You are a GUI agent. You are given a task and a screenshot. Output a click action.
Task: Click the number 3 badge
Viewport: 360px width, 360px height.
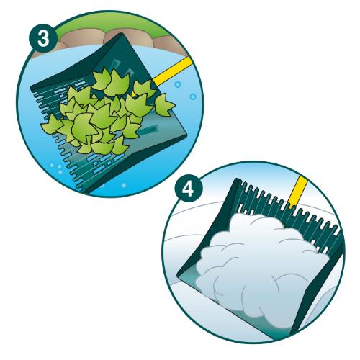tap(43, 38)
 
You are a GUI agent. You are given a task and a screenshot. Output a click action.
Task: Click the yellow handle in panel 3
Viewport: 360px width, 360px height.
tap(172, 71)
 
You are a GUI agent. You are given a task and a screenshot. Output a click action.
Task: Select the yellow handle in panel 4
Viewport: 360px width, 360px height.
tap(298, 192)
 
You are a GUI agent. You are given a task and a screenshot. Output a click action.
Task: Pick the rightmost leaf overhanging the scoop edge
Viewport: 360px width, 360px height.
tap(164, 105)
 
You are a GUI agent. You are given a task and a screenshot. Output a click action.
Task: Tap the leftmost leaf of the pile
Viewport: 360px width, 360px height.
tap(51, 125)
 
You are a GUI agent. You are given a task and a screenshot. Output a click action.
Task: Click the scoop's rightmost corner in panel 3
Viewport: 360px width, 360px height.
tap(186, 136)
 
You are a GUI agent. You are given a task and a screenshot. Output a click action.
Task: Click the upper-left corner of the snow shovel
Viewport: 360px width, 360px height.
tap(237, 179)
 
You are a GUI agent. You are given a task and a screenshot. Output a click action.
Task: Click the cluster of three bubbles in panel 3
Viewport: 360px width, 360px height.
tap(57, 168)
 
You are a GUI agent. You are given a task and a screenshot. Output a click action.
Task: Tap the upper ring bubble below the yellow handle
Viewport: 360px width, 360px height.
tap(178, 84)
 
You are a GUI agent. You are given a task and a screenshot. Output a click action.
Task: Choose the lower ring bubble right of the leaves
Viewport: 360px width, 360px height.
tap(193, 96)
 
